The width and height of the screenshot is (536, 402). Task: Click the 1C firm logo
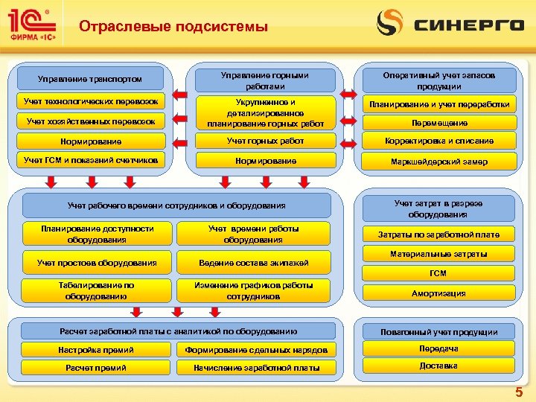click(x=31, y=25)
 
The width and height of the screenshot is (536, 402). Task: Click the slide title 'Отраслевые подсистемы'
click(x=173, y=28)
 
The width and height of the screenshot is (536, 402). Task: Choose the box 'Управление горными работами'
click(x=265, y=80)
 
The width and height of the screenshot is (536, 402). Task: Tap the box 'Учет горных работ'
click(x=265, y=141)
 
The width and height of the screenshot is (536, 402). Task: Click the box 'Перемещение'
click(x=438, y=123)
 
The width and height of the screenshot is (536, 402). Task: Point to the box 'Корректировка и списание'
click(x=438, y=141)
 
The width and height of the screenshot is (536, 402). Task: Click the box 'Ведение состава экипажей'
click(x=253, y=263)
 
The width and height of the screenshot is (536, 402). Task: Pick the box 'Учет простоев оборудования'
click(x=97, y=263)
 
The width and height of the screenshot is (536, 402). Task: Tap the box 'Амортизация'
click(x=438, y=293)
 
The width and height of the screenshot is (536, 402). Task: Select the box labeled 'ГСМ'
click(x=438, y=273)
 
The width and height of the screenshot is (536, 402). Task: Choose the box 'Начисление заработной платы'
click(x=256, y=368)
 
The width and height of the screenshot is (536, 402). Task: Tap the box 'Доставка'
click(x=438, y=366)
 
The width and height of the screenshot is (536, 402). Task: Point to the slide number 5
click(x=519, y=392)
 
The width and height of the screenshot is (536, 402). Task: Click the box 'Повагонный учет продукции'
click(x=438, y=331)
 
